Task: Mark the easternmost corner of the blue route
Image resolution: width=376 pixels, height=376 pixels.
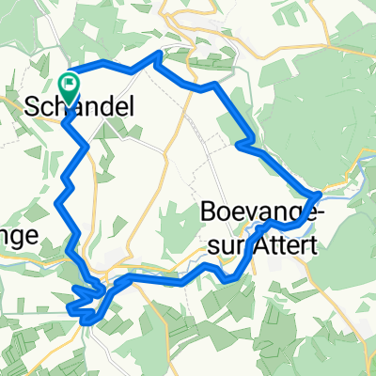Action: [x=321, y=193]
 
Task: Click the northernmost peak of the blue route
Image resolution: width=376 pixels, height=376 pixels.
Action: [x=156, y=55]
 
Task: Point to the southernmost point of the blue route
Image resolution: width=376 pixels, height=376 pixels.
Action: [x=86, y=321]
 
